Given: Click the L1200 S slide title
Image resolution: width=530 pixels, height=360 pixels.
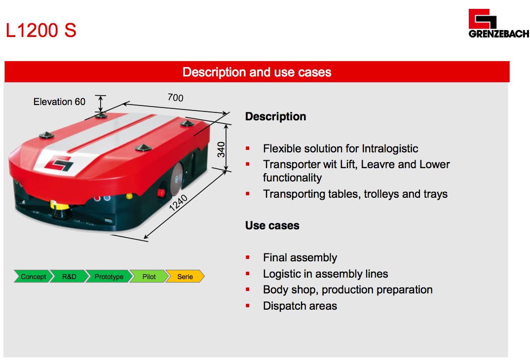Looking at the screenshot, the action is pyautogui.click(x=41, y=30).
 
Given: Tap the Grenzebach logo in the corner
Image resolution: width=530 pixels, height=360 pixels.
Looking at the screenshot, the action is pyautogui.click(x=498, y=23).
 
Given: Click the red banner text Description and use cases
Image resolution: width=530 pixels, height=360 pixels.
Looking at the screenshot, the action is pyautogui.click(x=257, y=72).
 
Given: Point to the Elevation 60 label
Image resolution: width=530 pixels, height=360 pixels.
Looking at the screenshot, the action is pyautogui.click(x=59, y=102).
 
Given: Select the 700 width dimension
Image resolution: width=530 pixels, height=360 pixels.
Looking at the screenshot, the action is pyautogui.click(x=175, y=98).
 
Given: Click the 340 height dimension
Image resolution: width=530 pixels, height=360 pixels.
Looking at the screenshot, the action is pyautogui.click(x=221, y=149).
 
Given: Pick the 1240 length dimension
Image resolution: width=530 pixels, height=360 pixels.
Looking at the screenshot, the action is pyautogui.click(x=178, y=203).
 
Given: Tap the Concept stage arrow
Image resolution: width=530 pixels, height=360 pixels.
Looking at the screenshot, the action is pyautogui.click(x=33, y=277).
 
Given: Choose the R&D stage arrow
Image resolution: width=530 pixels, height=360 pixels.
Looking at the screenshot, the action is pyautogui.click(x=69, y=277).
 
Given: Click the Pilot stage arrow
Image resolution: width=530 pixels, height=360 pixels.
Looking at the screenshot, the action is pyautogui.click(x=149, y=277).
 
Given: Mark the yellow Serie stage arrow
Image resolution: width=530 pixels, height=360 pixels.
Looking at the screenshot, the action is pyautogui.click(x=185, y=277).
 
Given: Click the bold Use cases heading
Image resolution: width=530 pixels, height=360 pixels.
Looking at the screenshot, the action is pyautogui.click(x=272, y=225).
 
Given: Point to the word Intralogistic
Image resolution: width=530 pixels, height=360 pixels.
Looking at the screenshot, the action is pyautogui.click(x=390, y=148).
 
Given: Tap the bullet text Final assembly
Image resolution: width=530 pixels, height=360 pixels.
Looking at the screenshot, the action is pyautogui.click(x=300, y=258).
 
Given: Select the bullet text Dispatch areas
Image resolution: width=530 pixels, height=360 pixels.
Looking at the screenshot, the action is pyautogui.click(x=300, y=306).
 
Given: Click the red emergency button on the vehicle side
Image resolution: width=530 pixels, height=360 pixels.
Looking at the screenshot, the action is pyautogui.click(x=161, y=193).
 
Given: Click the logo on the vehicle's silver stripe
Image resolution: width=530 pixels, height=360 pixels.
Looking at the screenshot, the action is pyautogui.click(x=59, y=164).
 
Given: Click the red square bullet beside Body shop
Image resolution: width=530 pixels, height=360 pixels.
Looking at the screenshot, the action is pyautogui.click(x=248, y=289).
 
